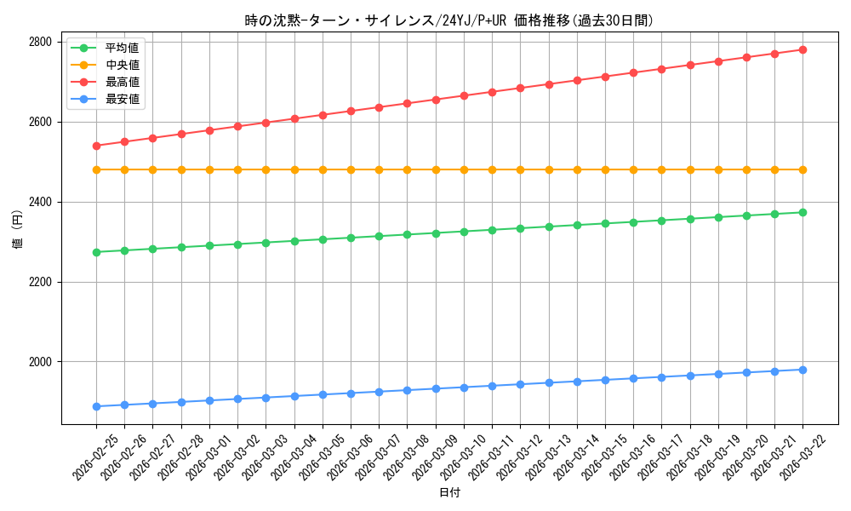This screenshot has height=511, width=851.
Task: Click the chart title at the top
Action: (449, 20)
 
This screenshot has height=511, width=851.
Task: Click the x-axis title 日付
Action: (449, 493)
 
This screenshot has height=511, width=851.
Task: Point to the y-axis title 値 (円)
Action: (17, 230)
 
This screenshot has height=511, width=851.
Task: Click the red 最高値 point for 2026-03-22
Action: (802, 49)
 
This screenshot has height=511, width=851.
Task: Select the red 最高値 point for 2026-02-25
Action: (96, 146)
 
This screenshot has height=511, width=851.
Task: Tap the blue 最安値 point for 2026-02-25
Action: (96, 406)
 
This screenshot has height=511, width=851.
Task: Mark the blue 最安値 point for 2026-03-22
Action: (802, 370)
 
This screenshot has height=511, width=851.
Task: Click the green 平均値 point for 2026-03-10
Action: (464, 232)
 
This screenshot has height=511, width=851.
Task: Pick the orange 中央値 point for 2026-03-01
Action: (209, 169)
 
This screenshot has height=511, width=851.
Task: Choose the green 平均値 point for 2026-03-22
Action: (802, 212)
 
